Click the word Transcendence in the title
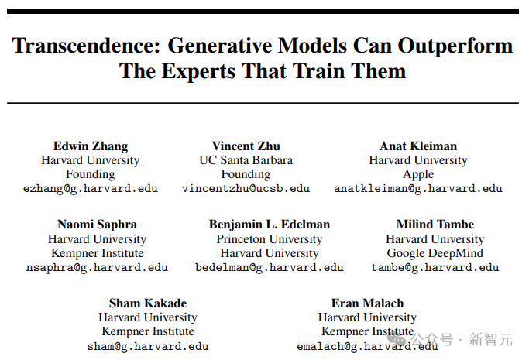tap(86, 46)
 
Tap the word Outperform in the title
tap(455, 46)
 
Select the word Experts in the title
tap(199, 71)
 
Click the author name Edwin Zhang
tap(91, 146)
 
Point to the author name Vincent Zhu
tap(246, 146)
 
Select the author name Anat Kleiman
tap(418, 146)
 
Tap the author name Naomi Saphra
tap(97, 225)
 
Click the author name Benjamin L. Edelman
tap(270, 225)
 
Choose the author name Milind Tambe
tap(435, 225)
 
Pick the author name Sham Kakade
tap(148, 303)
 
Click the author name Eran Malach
tap(367, 303)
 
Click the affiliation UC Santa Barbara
tap(246, 160)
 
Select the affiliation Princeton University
tap(270, 239)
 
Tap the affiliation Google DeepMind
tap(435, 253)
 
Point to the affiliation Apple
tap(418, 175)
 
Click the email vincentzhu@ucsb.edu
tap(246, 188)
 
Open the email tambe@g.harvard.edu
tap(435, 268)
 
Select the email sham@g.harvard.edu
tap(148, 347)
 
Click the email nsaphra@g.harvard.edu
tap(97, 268)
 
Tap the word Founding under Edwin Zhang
tap(91, 174)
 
